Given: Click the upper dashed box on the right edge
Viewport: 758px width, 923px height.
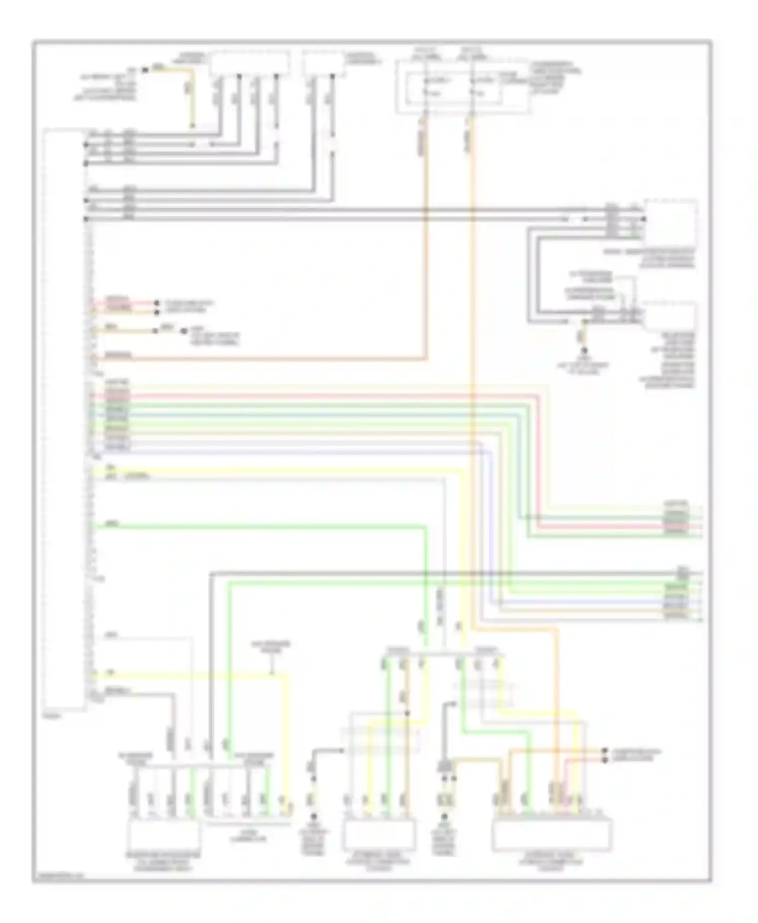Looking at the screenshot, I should click(671, 222).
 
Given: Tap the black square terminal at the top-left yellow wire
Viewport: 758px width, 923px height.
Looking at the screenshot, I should click(145, 69).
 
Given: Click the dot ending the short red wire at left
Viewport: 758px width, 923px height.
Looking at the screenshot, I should click(156, 303).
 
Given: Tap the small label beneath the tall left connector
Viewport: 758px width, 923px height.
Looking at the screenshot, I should click(51, 716).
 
